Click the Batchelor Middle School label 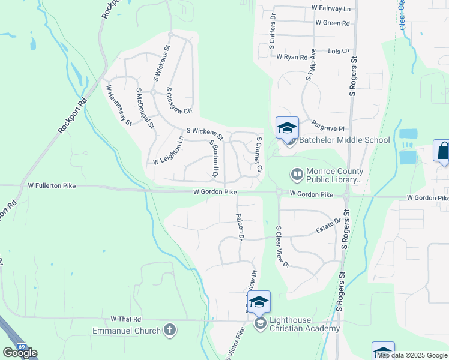[343, 140]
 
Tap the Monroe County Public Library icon [297, 175]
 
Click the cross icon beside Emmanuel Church [170, 330]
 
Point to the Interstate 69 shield [22, 347]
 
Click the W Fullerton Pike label [55, 186]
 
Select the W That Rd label [125, 319]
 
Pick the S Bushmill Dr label [212, 159]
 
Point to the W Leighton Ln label [169, 154]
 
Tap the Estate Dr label [328, 226]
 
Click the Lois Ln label [338, 52]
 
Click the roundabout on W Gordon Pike [279, 193]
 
